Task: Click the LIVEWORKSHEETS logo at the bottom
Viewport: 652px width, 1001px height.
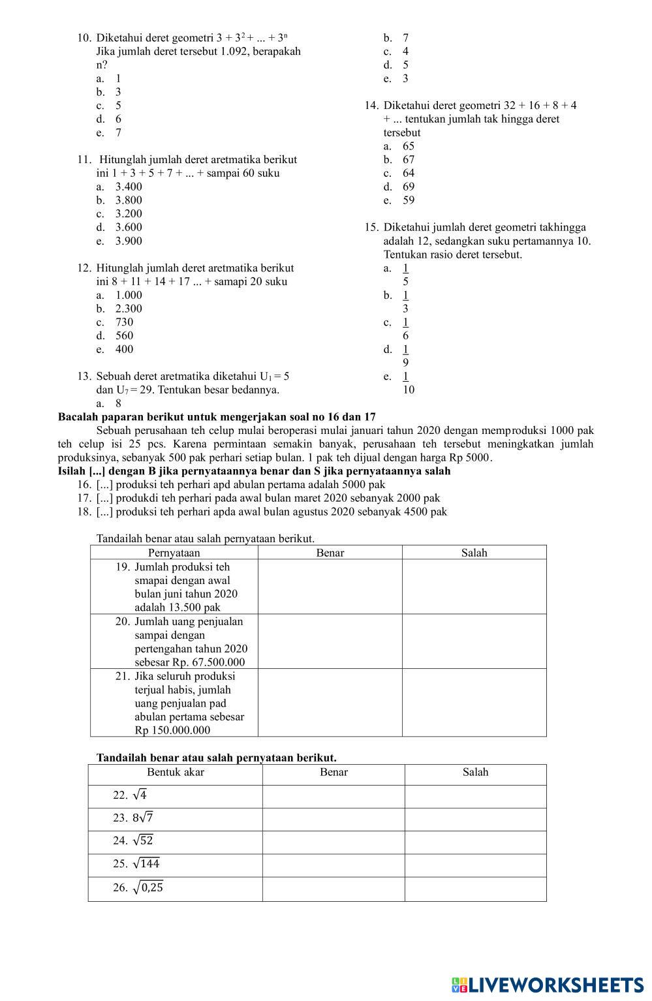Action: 547,985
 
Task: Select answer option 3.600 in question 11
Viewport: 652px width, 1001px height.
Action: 129,227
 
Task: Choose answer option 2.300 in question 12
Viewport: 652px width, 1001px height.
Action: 129,309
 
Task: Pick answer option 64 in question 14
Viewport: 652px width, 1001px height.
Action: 409,173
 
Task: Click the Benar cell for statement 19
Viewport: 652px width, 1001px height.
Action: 330,587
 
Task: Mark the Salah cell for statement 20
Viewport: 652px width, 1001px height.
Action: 474,641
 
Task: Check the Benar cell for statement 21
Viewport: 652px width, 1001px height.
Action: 330,703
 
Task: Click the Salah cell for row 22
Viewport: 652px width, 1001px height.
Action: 475,796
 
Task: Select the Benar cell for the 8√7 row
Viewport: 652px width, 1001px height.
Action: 334,819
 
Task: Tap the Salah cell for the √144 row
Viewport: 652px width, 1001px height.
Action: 475,865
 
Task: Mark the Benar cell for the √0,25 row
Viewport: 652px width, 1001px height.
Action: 334,889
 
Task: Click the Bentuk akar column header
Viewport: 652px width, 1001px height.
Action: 176,773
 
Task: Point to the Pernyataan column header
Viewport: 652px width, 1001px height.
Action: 174,553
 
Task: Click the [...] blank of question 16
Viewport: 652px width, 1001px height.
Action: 104,485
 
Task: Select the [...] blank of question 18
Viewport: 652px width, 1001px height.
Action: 104,512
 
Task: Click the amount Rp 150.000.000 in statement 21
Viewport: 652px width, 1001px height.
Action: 172,730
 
